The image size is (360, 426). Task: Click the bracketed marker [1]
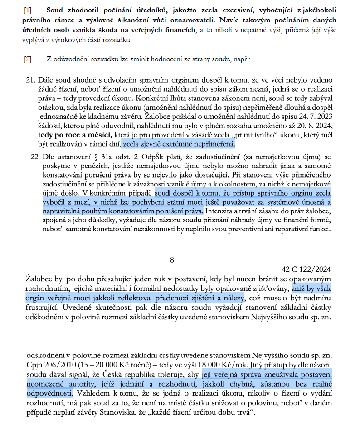[x=28, y=10]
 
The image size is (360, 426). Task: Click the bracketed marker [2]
[x=28, y=59]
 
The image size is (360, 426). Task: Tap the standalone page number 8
[x=172, y=260]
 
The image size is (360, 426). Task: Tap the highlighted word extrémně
[x=171, y=145]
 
